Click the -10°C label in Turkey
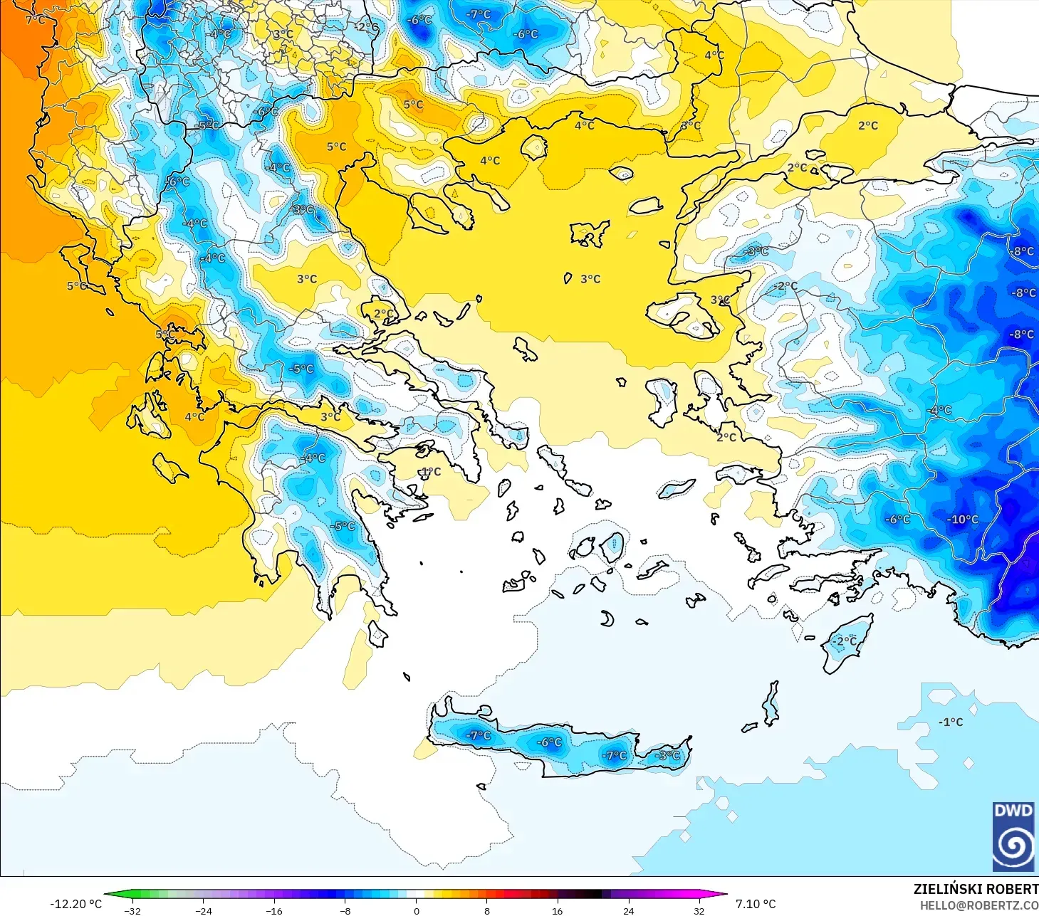962,520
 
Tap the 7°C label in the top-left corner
35,19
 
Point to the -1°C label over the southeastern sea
951,722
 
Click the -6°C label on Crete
549,742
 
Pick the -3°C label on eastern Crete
667,755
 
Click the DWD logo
1013,836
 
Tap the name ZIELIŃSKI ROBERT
976,889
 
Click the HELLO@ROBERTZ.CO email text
978,905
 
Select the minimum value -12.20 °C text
75,904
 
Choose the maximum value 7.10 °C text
756,904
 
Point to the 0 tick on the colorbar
417,910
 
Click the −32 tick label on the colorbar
132,910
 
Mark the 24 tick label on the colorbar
628,910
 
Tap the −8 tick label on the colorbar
345,910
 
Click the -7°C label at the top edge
479,14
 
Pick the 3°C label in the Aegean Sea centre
590,279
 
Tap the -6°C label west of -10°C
897,520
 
